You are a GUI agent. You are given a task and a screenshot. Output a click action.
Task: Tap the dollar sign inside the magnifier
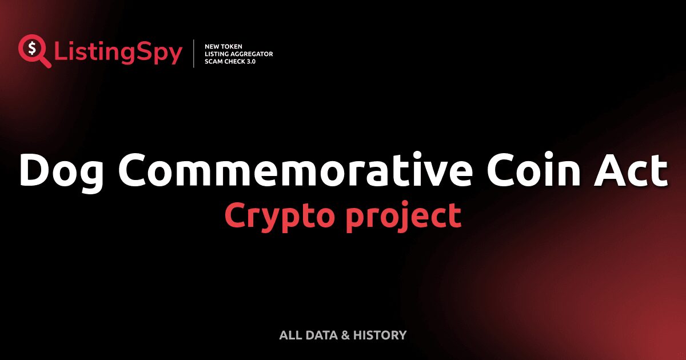(31, 48)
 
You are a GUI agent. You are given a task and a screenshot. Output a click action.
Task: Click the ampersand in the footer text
(345, 335)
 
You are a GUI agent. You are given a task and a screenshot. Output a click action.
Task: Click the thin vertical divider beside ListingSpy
(194, 54)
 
